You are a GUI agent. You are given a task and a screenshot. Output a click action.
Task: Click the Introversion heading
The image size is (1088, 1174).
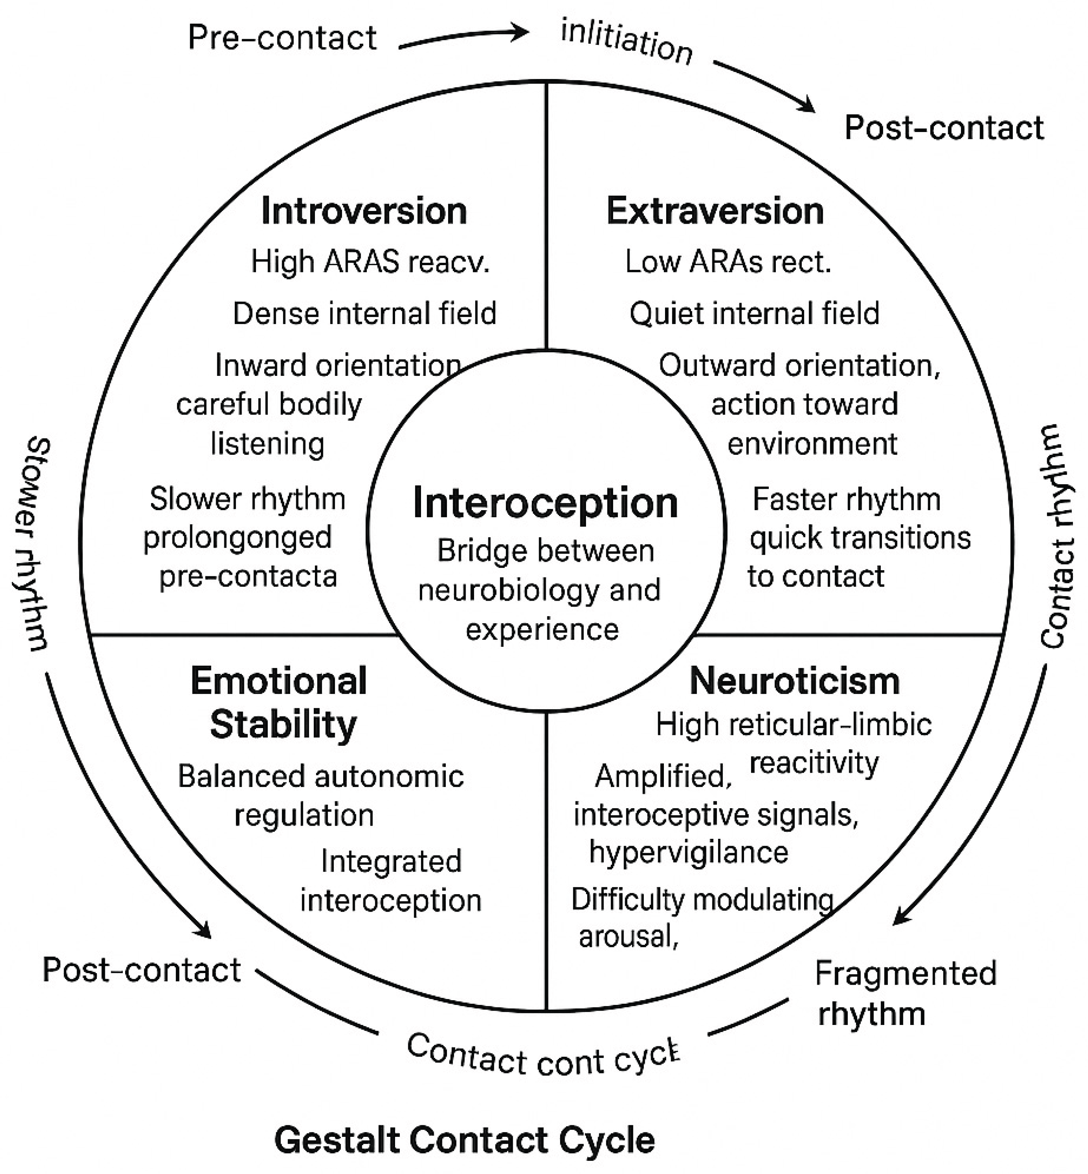coord(364,211)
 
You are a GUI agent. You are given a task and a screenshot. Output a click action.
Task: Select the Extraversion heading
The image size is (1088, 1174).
coord(715,211)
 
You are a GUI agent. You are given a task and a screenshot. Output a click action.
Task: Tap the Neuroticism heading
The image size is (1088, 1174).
coord(794,682)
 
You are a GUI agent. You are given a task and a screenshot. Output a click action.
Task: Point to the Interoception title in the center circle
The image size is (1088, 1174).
coord(545,503)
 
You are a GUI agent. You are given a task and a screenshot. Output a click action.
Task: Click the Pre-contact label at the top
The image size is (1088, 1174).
coord(282,38)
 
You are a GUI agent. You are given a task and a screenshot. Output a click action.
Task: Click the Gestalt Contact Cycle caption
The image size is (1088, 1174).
coord(464,1140)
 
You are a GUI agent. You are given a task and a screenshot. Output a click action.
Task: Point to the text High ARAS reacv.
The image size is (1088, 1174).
coord(370,262)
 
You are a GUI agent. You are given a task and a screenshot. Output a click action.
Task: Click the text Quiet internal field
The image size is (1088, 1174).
coord(754,314)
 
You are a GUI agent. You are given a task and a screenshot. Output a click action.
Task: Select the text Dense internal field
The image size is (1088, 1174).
coord(364,314)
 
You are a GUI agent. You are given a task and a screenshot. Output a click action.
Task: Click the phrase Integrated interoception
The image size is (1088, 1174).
coord(391,881)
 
